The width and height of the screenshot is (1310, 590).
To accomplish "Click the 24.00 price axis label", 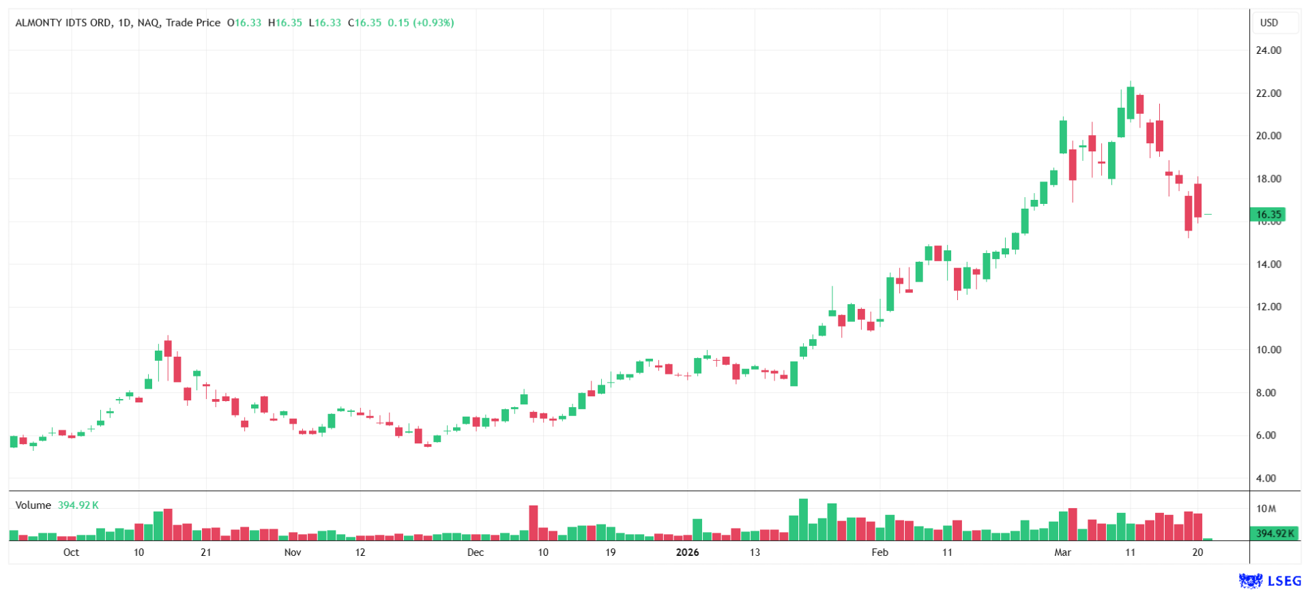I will [1268, 50].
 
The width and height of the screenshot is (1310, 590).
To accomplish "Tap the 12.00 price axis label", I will [1268, 307].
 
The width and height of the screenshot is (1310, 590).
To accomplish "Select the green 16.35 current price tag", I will [1268, 214].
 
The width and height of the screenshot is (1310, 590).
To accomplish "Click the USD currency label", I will [1268, 23].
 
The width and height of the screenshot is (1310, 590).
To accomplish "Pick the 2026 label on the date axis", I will [687, 552].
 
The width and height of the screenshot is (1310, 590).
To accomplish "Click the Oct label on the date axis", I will [71, 552].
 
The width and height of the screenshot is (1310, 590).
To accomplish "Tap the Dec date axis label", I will [476, 552].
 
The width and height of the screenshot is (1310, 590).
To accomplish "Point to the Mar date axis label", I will [1062, 552].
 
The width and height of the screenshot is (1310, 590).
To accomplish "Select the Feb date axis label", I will [879, 552].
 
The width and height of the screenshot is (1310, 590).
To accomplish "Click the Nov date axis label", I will [293, 552].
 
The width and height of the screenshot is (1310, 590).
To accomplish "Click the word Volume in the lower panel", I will [33, 505].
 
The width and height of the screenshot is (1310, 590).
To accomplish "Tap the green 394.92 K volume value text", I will [78, 505].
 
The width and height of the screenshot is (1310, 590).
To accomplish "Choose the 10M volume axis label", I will [1266, 509].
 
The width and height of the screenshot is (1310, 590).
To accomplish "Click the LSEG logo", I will [1270, 580].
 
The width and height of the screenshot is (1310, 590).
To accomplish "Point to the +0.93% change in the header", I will [433, 23].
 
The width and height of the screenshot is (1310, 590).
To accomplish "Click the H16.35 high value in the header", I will [285, 23].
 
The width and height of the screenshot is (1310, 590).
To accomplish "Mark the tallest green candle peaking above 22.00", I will [1131, 102].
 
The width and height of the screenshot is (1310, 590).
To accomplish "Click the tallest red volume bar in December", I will [534, 523].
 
